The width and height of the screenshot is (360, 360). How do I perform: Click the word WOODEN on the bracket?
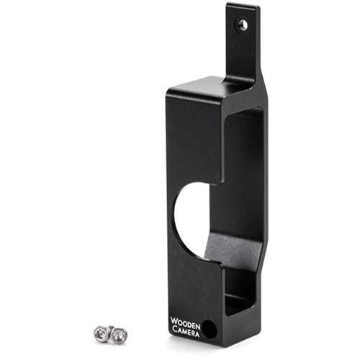tap(184, 322)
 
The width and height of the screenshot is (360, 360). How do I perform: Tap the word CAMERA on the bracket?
tap(184, 330)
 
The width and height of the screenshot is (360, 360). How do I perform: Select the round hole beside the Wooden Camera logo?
tap(208, 328)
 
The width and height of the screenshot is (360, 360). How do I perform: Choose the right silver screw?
tap(119, 334)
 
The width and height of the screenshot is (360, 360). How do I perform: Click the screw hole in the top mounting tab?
tap(243, 25)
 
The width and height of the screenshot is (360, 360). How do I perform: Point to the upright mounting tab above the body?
tap(242, 43)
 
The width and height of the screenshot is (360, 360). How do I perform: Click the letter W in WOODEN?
tap(174, 322)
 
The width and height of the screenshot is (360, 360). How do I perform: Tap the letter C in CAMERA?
tap(173, 330)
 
